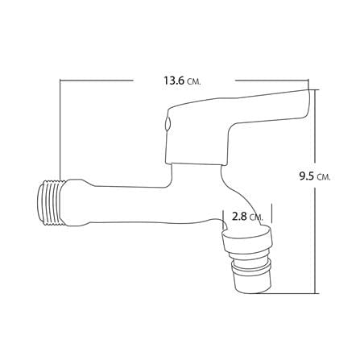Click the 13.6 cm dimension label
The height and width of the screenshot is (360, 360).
182,81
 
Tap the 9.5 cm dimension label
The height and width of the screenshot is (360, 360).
315,176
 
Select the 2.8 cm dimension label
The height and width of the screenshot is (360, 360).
247,216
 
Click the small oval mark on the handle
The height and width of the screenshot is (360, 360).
168,123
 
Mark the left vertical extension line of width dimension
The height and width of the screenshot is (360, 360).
60,130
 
